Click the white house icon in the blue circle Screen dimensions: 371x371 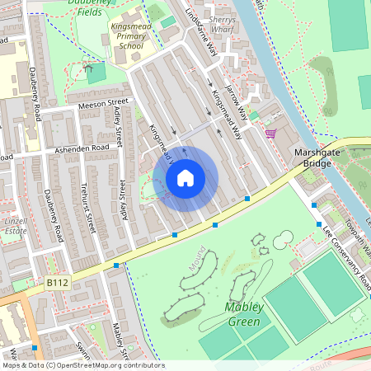pyautogui.click(x=185, y=177)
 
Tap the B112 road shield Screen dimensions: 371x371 pyautogui.click(x=57, y=283)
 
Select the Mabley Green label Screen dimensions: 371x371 pyautogui.click(x=243, y=313)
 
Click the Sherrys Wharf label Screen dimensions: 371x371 pyautogui.click(x=223, y=24)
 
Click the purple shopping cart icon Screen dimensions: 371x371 pyautogui.click(x=270, y=133)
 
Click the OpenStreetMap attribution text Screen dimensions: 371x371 pyautogui.click(x=82, y=365)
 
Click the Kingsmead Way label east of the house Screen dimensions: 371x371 pyautogui.click(x=226, y=111)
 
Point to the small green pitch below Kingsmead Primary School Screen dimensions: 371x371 pyautogui.click(x=96, y=73)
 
